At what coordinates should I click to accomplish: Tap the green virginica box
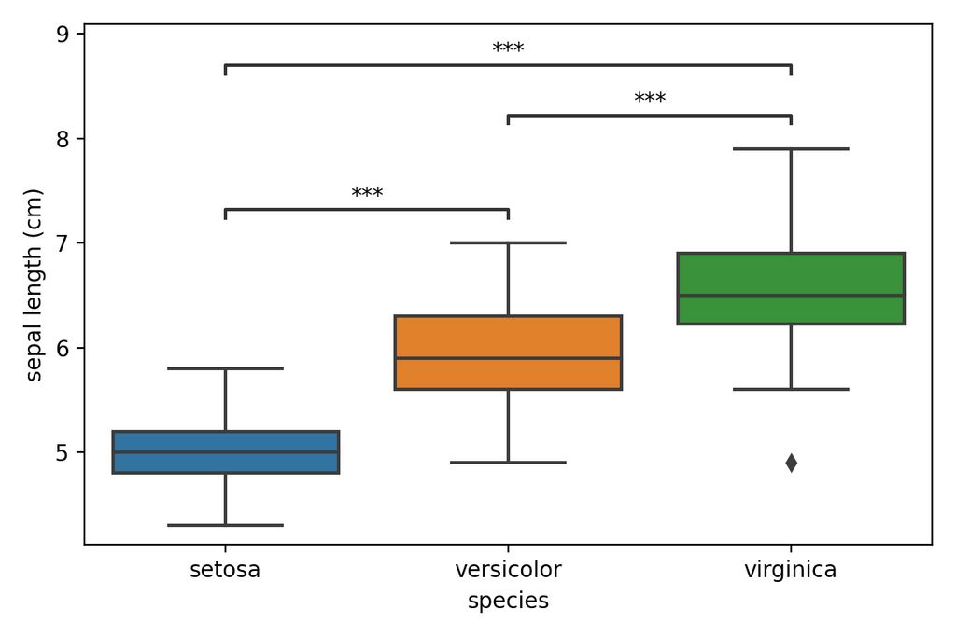791,275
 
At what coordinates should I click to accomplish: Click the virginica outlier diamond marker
791,463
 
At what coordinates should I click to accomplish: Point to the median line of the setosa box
225,452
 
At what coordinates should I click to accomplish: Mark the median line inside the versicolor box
508,358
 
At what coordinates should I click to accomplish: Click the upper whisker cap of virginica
791,148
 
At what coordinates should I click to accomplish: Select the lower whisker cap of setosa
225,525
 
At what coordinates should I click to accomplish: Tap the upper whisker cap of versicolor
508,242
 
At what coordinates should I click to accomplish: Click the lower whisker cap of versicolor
508,462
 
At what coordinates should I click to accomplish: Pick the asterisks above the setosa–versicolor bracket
367,194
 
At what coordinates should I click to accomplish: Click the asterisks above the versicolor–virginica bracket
650,99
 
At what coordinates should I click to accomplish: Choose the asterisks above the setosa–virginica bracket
508,48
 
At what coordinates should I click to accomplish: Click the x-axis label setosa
225,570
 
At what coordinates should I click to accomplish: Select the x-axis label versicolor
508,570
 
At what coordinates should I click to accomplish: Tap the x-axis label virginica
791,570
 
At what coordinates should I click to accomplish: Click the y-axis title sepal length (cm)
35,284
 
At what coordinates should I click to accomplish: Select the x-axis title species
508,602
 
